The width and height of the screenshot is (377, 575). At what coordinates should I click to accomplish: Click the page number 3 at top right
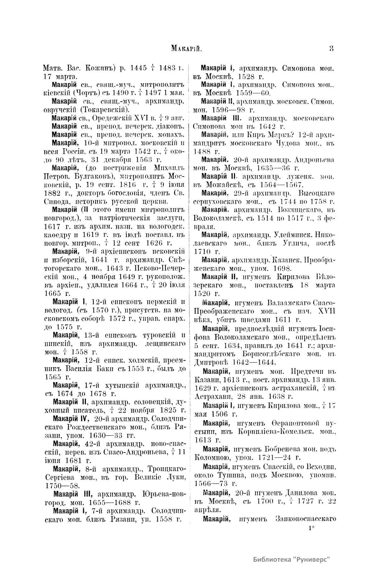[331, 48]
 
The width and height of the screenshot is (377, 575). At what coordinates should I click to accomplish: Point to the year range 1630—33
[109, 436]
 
